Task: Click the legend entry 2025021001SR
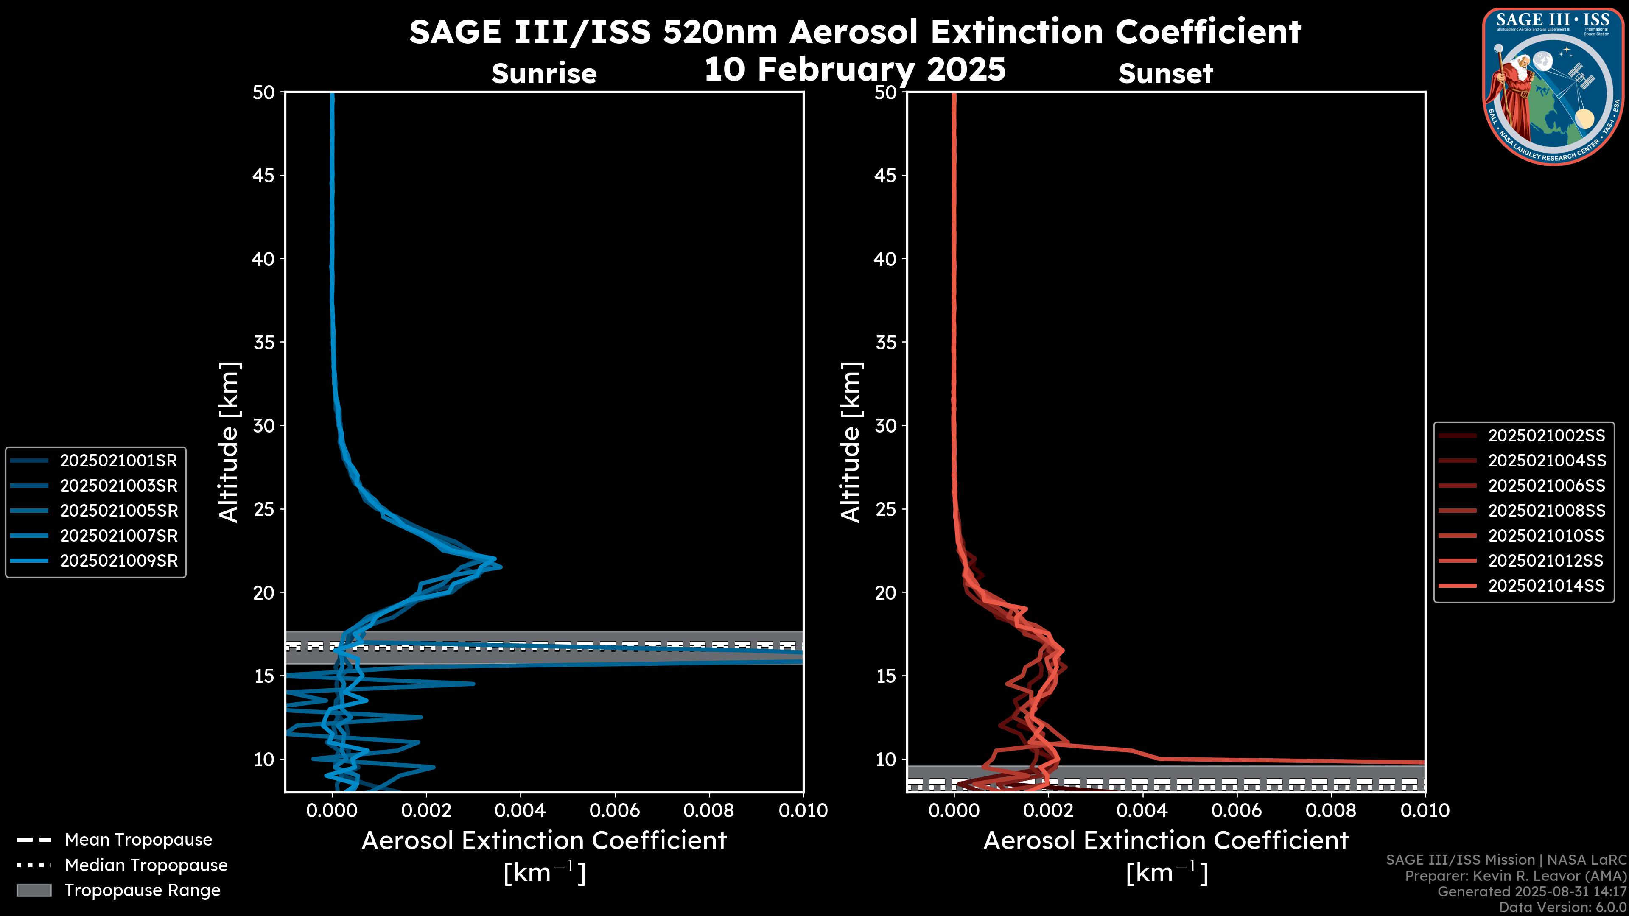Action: pos(118,460)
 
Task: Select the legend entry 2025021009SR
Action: pos(118,561)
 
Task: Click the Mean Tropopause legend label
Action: pos(138,840)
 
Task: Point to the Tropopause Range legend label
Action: pos(142,890)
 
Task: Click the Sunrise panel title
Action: pos(544,74)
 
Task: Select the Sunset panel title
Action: pos(1165,74)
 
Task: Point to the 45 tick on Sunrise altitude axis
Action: pos(264,175)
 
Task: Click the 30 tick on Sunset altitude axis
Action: pos(886,425)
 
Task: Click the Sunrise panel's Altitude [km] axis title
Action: pos(229,442)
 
